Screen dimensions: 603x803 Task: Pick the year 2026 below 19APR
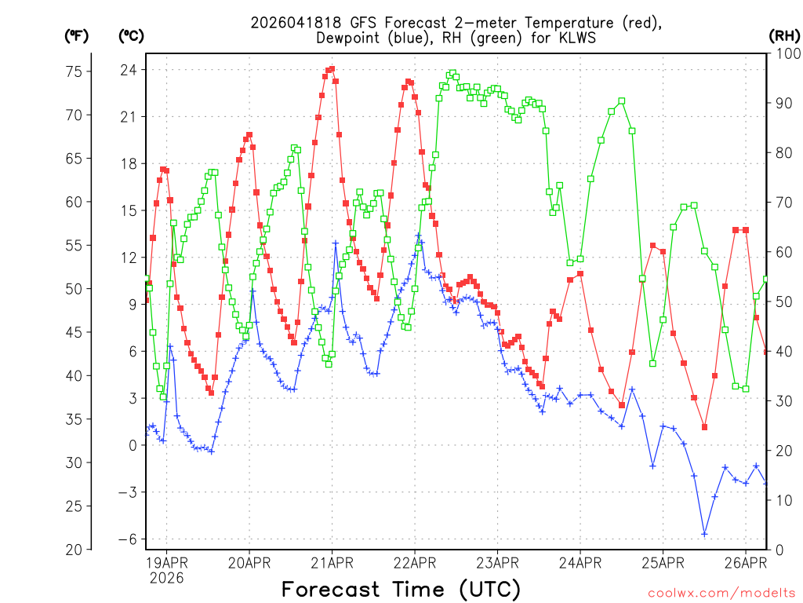tap(165, 578)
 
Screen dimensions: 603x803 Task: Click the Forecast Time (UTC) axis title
tap(401, 589)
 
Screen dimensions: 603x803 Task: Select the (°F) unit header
tap(77, 35)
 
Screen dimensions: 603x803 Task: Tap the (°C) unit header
tap(131, 35)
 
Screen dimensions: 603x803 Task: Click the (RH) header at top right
tap(784, 35)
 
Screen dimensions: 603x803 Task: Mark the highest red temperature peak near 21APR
tap(332, 69)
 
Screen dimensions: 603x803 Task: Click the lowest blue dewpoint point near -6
tap(704, 534)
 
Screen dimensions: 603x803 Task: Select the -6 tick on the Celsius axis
tap(127, 539)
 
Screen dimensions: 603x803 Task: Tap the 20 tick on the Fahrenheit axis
tap(73, 550)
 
